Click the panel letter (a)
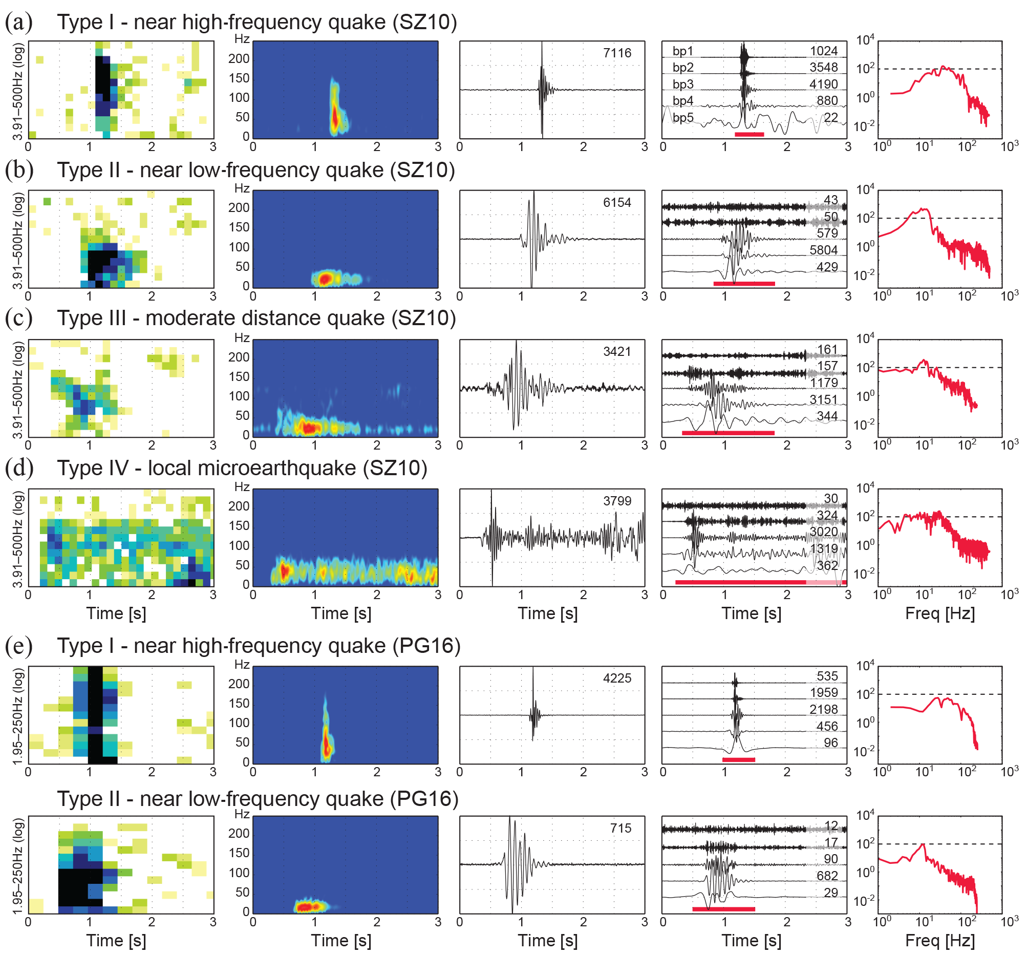(x=18, y=22)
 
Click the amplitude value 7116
(x=617, y=53)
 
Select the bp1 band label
(x=682, y=51)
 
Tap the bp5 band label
(x=682, y=117)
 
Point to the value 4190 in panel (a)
(x=823, y=83)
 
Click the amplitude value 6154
(x=617, y=202)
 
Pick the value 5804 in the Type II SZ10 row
(x=823, y=250)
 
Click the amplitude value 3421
(x=617, y=351)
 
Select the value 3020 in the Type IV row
(x=823, y=532)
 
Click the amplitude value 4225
(x=617, y=678)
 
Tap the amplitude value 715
(x=620, y=828)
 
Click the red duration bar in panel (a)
(x=749, y=134)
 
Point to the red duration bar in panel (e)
(x=738, y=760)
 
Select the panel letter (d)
(x=18, y=468)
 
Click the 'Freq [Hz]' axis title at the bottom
(x=939, y=940)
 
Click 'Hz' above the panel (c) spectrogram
(x=242, y=338)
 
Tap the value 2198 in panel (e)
(x=823, y=709)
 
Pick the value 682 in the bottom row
(x=826, y=876)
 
